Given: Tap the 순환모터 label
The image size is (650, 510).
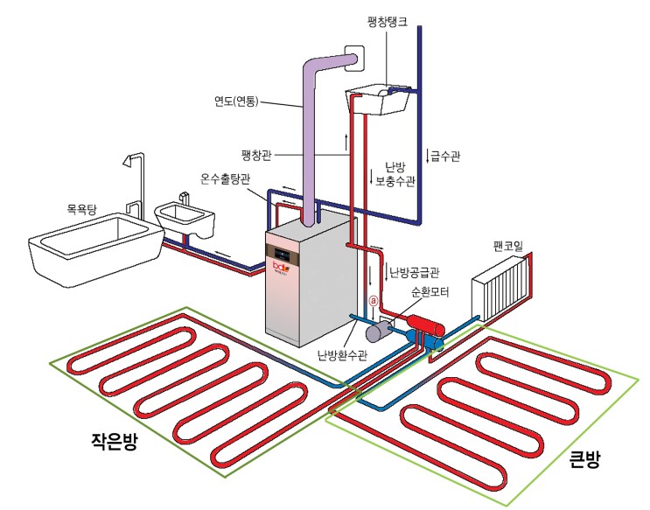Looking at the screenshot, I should click(430, 293).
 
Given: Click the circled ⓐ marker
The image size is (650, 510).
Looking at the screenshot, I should click(372, 300).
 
